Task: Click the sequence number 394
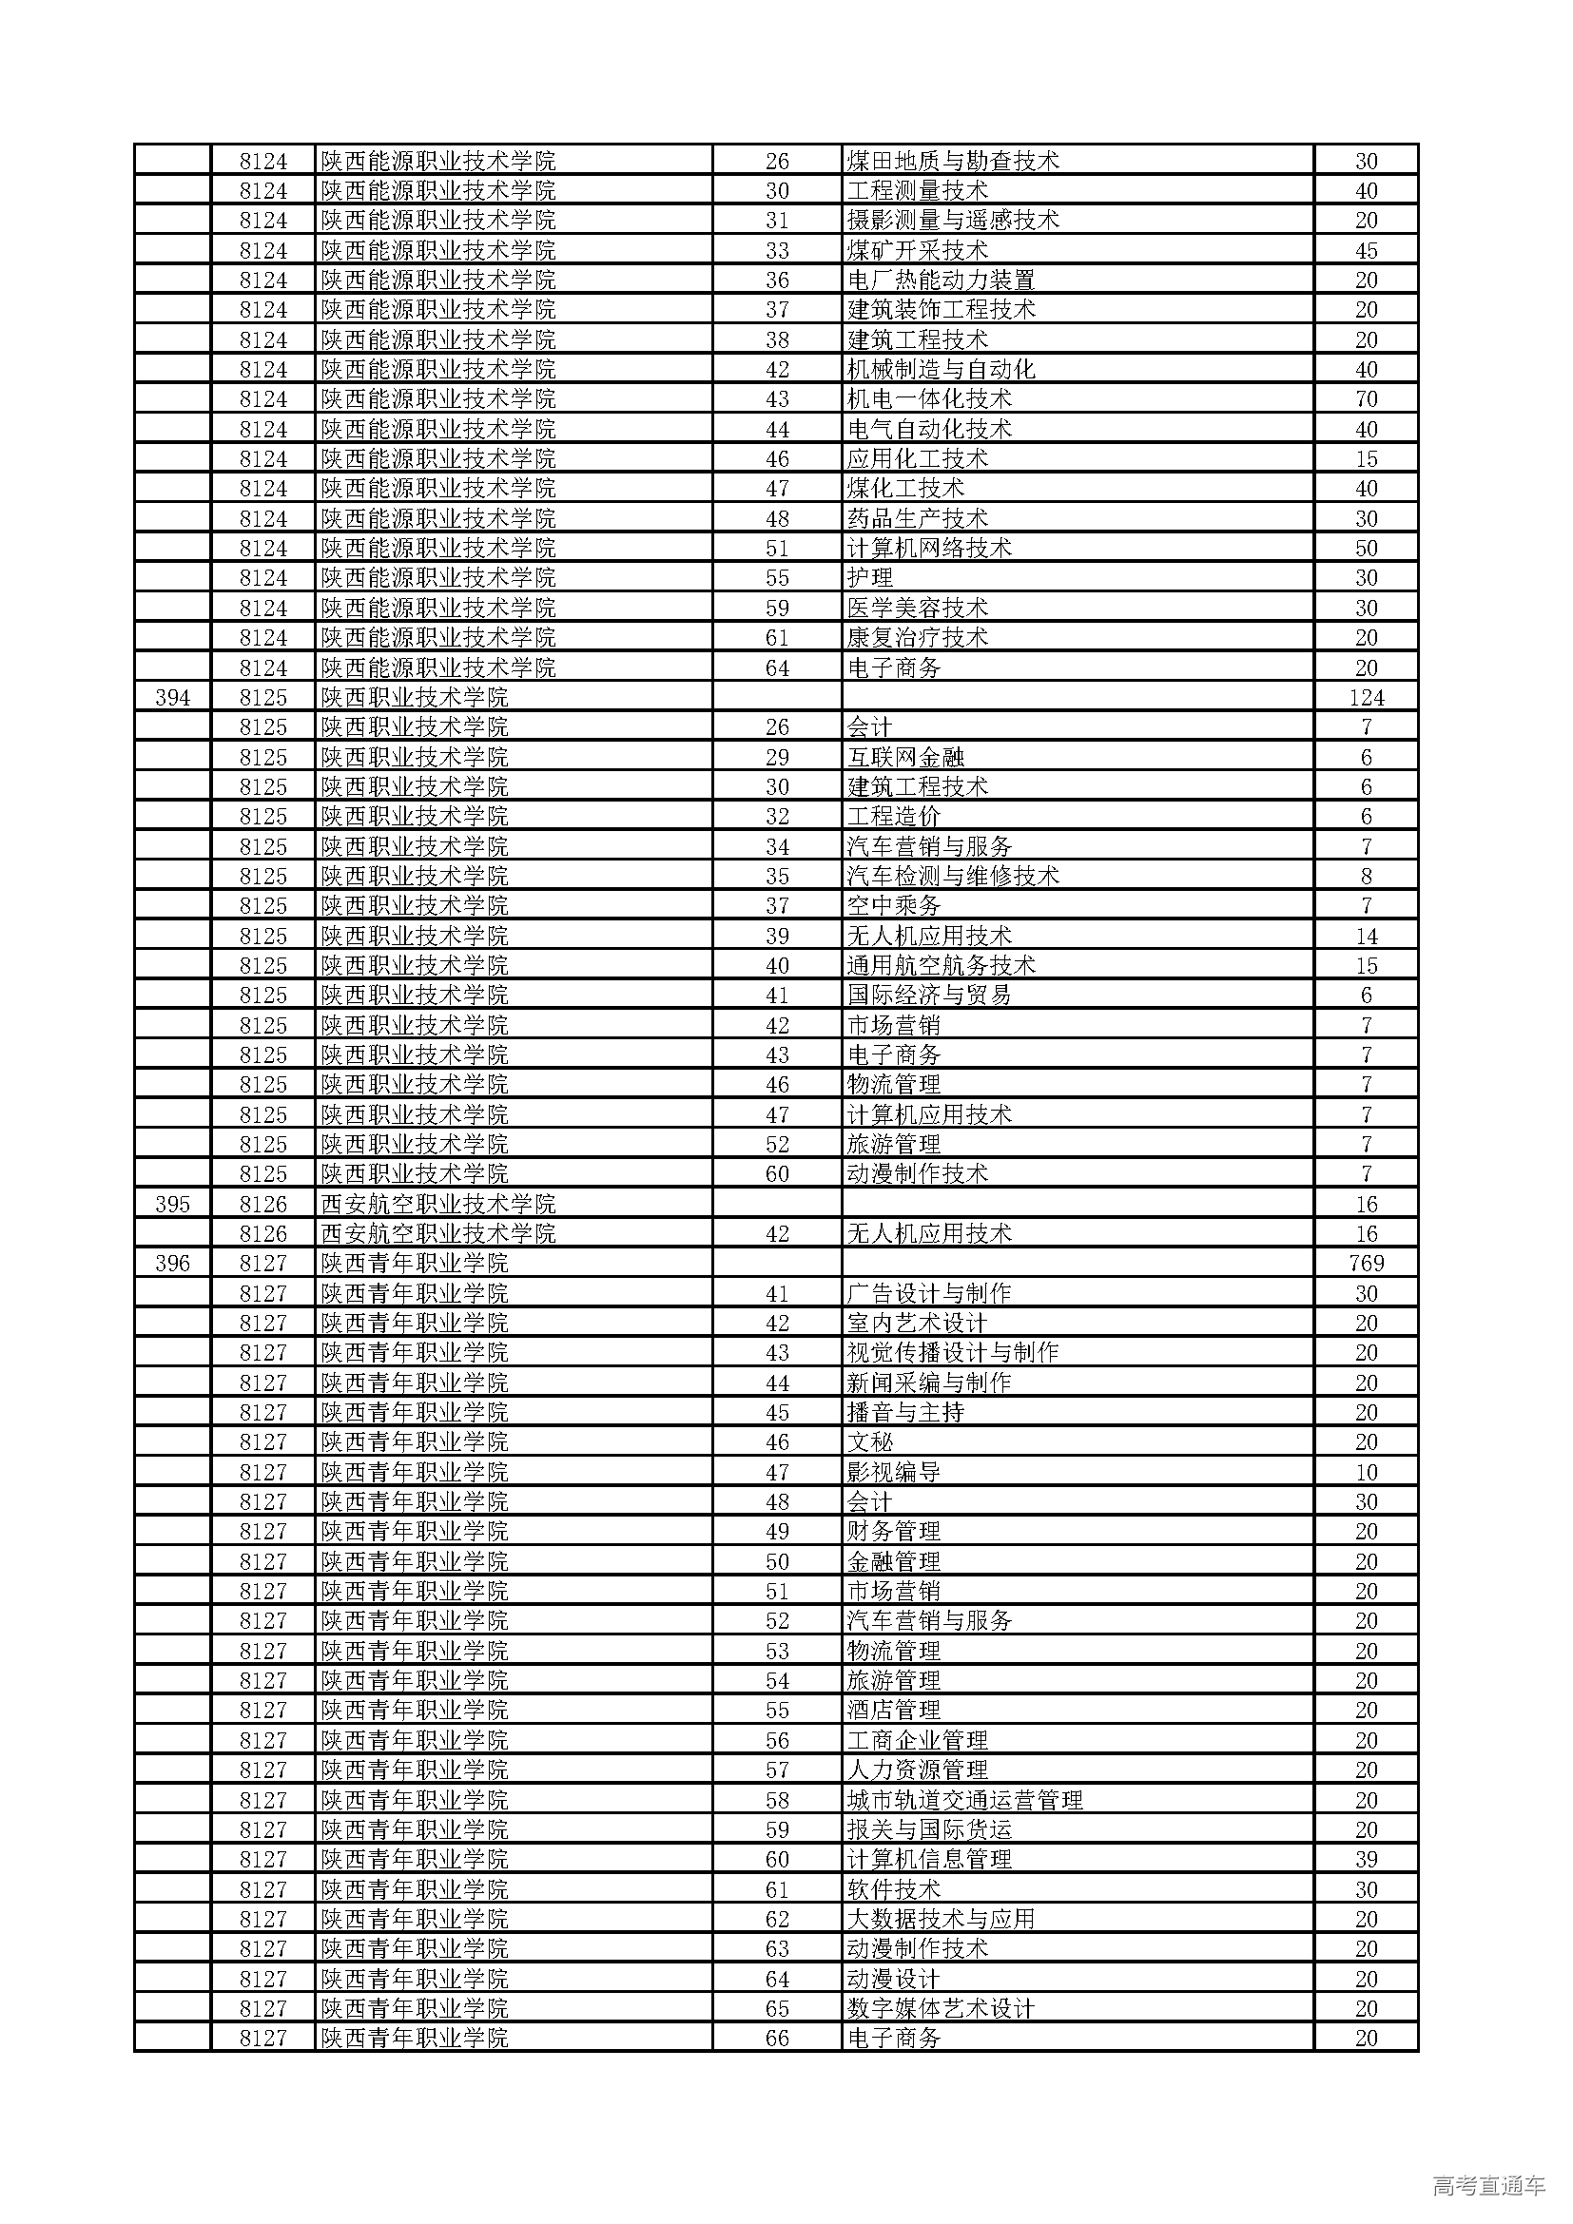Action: tap(172, 697)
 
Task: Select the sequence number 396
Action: tap(172, 1263)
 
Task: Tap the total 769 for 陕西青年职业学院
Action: tap(1366, 1263)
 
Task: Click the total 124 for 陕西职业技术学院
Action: tap(1366, 697)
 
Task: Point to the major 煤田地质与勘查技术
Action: tap(953, 161)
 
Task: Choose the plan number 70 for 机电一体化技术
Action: tap(1366, 399)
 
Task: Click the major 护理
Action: tap(870, 578)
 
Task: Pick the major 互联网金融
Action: tap(905, 757)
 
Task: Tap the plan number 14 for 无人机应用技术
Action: tap(1366, 936)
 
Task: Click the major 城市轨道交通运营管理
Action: tap(964, 1800)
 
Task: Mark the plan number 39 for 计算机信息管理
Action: tap(1366, 1859)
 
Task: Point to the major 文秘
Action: tap(870, 1442)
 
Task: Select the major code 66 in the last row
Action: tap(777, 2038)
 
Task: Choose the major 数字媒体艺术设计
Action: tap(942, 2008)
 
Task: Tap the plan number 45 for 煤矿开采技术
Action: tap(1366, 250)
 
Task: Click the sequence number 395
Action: tap(172, 1204)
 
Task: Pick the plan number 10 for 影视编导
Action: tap(1366, 1472)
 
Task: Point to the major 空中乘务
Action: tap(894, 906)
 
